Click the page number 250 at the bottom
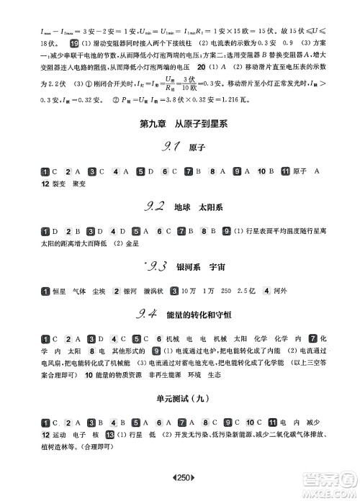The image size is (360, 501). click(x=179, y=479)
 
